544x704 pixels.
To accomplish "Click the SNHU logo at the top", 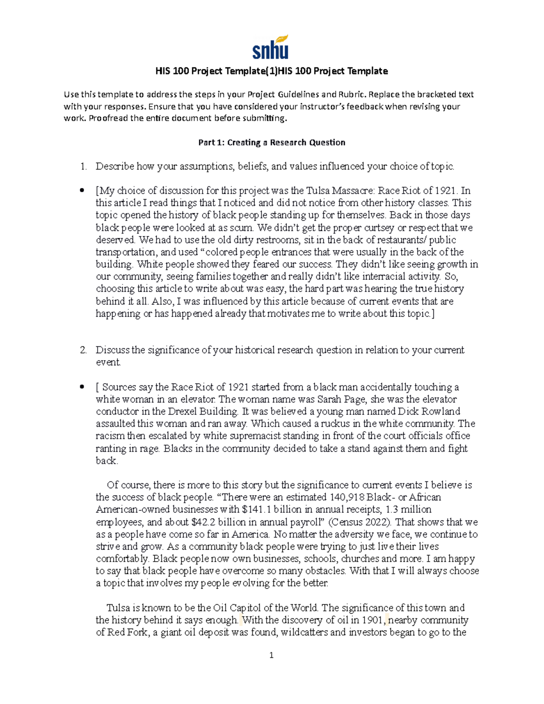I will [271, 47].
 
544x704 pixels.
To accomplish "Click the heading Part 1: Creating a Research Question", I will [272, 142].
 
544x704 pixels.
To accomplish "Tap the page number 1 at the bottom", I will [271, 655].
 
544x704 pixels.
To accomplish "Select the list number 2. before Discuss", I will [83, 350].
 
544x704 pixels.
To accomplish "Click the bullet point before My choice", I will [82, 191].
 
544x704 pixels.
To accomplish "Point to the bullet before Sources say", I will [82, 387].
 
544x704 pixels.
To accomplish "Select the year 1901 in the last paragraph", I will [374, 620].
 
